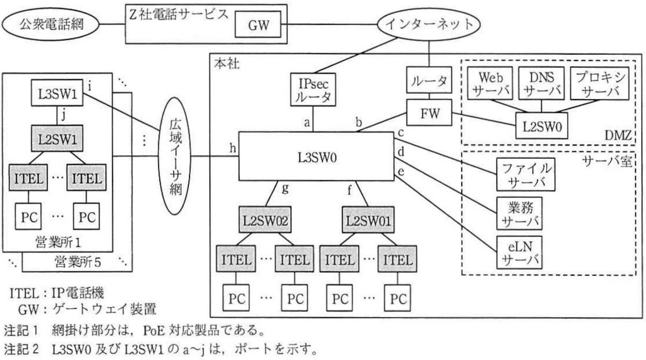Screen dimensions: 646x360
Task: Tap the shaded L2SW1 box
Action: coord(57,138)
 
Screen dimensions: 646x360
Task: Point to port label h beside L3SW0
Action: coord(233,148)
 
